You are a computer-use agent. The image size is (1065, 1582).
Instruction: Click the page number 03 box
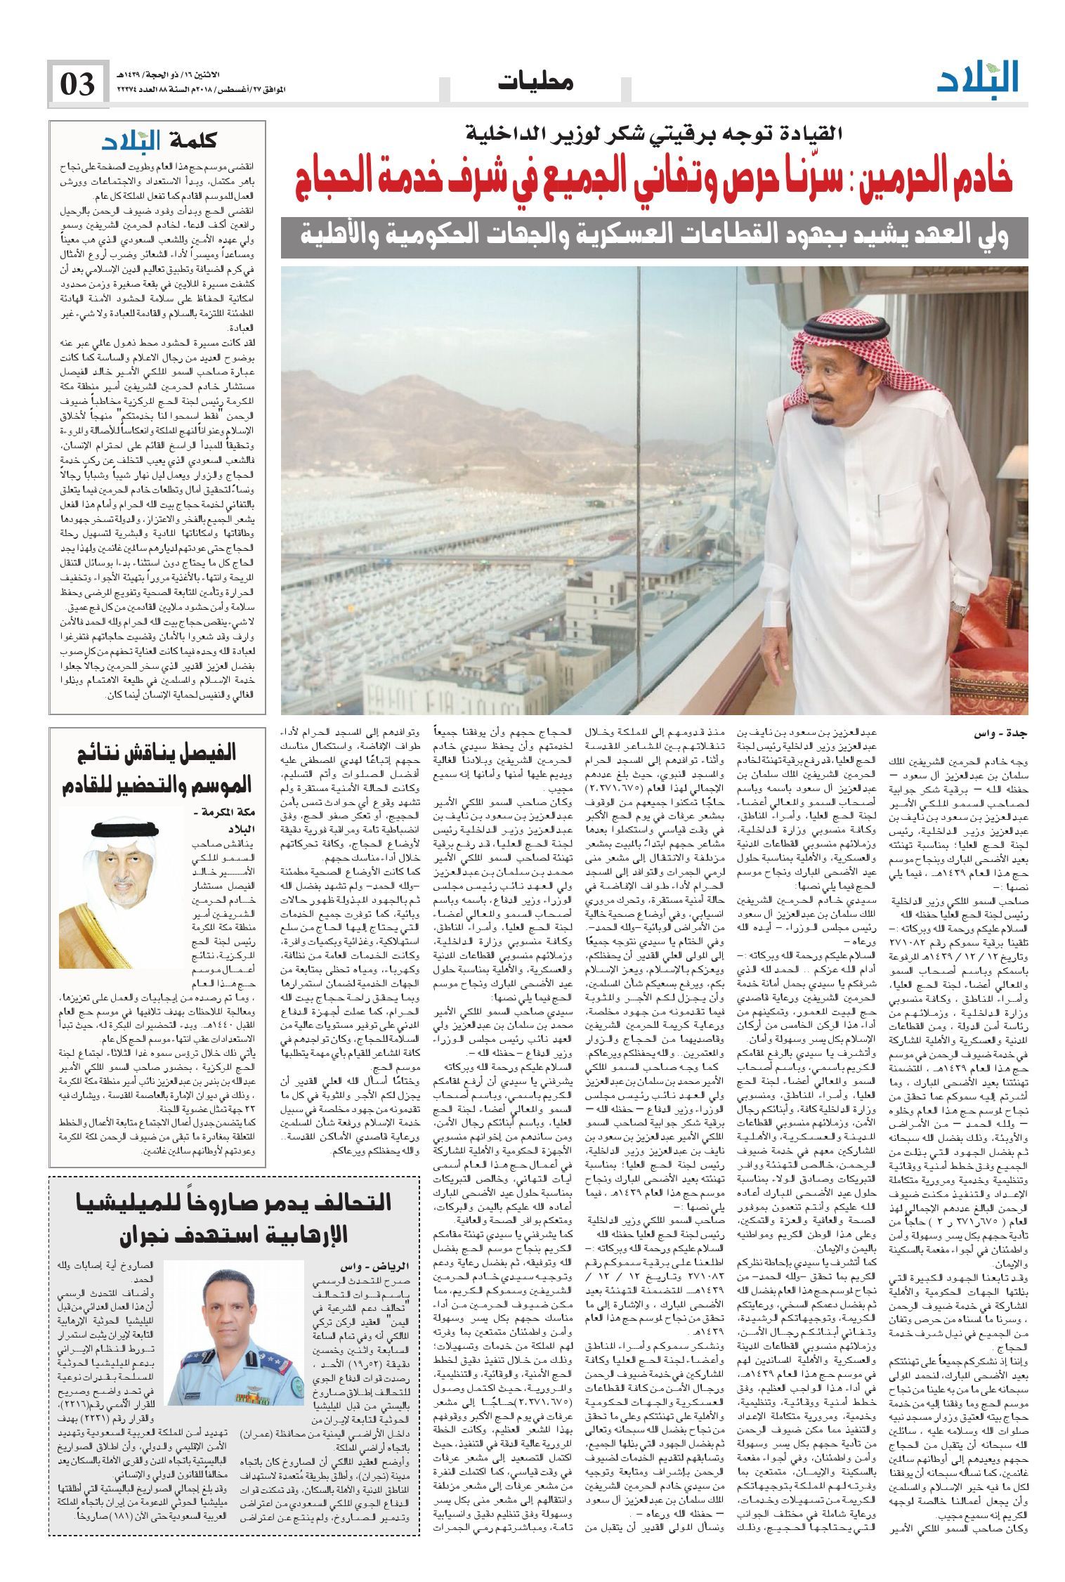pos(78,84)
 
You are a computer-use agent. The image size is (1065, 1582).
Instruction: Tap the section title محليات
pos(536,81)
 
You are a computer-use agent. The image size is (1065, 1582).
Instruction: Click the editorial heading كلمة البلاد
pos(157,140)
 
